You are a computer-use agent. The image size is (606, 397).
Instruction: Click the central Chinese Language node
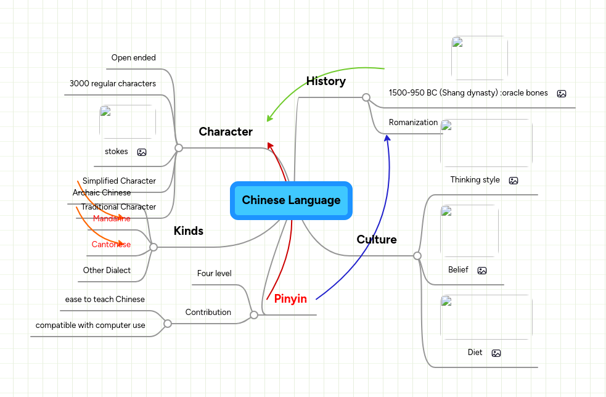(291, 200)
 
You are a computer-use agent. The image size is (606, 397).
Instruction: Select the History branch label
(326, 81)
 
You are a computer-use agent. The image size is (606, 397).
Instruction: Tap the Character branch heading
(226, 132)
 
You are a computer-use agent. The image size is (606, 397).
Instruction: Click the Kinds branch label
(188, 231)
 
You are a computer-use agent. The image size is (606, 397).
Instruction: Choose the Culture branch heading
(377, 240)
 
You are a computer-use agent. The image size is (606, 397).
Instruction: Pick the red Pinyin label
(290, 299)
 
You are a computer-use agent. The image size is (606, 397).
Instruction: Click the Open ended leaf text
(133, 58)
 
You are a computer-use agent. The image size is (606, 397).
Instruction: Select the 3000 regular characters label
(112, 83)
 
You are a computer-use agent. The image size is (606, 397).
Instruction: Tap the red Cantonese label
(111, 245)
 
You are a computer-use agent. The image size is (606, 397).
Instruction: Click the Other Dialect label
(107, 270)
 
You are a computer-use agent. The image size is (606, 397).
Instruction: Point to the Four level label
(214, 273)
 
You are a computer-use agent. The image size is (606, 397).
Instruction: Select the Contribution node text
(208, 313)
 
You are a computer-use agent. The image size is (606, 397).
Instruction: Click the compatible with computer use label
(91, 325)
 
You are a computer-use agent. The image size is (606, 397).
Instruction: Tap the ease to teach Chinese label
(105, 300)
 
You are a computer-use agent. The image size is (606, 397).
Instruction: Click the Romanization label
(413, 122)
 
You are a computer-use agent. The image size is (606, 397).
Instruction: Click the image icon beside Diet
(496, 353)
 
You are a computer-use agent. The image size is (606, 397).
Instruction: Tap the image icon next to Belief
(482, 271)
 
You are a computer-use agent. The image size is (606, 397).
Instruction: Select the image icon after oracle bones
(561, 94)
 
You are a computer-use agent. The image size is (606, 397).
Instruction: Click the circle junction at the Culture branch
(417, 256)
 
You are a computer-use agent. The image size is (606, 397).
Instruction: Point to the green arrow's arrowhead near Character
(269, 119)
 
